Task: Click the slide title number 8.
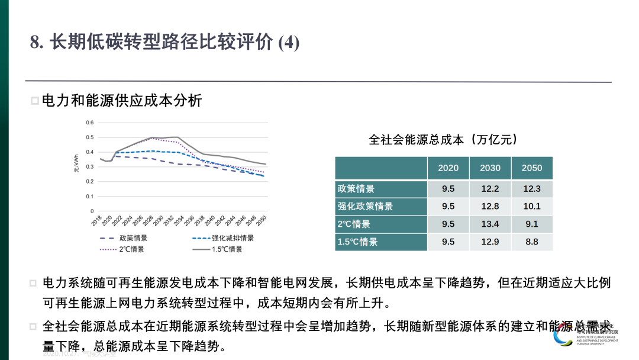(35, 43)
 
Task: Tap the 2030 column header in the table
(490, 168)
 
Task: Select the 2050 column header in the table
(532, 168)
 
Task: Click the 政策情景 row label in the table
(356, 189)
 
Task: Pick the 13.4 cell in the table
(490, 224)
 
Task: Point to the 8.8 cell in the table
(532, 242)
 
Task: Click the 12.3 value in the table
(532, 189)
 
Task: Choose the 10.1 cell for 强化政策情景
(532, 206)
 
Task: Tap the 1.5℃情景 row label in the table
(357, 242)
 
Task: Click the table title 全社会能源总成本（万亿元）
(443, 140)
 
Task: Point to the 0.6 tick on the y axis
(90, 123)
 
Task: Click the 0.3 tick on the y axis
(90, 167)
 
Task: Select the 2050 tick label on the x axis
(261, 221)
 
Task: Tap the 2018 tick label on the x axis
(97, 221)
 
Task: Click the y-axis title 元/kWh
(76, 164)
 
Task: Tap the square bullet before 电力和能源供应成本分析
(34, 101)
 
